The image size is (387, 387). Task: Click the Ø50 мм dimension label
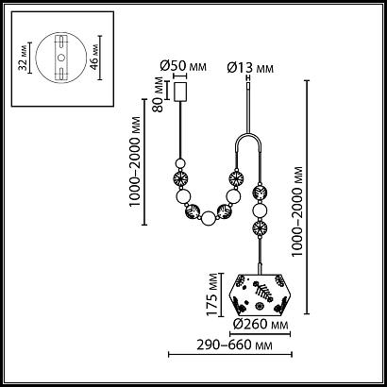click(x=183, y=66)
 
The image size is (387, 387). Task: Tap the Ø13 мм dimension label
click(x=250, y=68)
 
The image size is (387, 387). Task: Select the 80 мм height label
click(x=159, y=94)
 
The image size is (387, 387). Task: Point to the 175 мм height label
click(x=212, y=294)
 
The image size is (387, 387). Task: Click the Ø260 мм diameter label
click(x=260, y=324)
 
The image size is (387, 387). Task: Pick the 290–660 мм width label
click(x=234, y=345)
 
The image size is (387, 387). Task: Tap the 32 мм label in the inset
click(x=23, y=58)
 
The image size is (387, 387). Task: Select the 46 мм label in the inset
click(x=93, y=58)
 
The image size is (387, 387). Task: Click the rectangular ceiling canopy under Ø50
click(x=180, y=92)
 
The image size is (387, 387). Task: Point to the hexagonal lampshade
click(x=260, y=294)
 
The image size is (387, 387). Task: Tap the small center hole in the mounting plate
click(x=61, y=58)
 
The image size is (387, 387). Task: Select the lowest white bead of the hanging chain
click(x=209, y=218)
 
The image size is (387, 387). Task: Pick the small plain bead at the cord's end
click(x=180, y=163)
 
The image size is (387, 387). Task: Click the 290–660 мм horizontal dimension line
click(x=230, y=355)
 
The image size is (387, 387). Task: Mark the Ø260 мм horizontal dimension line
click(x=260, y=334)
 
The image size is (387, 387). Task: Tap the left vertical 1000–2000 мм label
click(x=135, y=161)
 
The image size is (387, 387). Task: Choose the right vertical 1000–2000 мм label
click(x=297, y=211)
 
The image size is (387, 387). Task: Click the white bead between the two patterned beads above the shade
click(x=260, y=210)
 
